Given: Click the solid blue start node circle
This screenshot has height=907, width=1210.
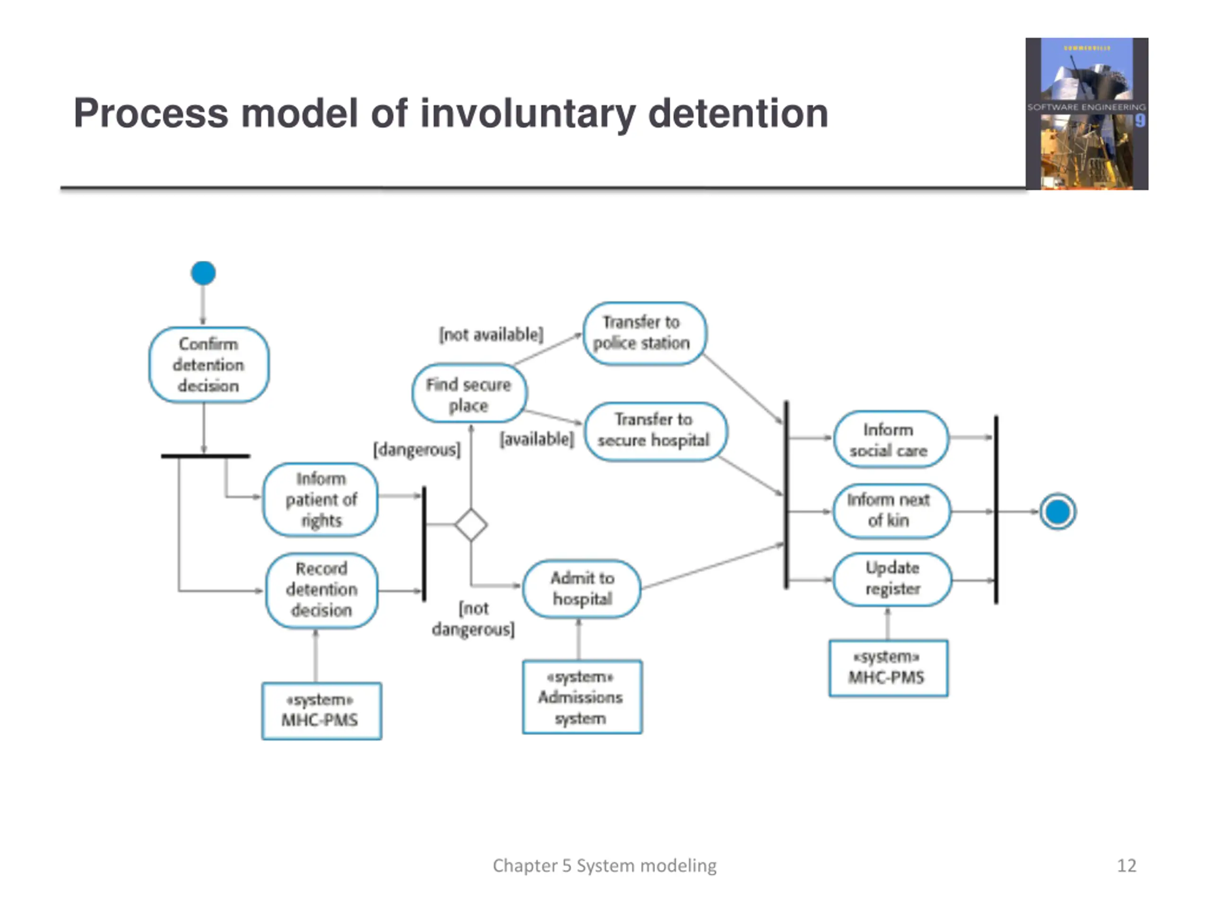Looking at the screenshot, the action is tap(203, 273).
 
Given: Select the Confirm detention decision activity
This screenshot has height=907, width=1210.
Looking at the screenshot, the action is tap(208, 365).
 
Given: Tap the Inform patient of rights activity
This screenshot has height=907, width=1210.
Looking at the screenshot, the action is tap(320, 500).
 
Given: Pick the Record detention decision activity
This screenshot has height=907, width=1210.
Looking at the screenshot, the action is tap(322, 590).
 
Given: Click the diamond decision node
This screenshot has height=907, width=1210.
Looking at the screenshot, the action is tap(471, 525).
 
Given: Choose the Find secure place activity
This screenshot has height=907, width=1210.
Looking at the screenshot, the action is tap(469, 393).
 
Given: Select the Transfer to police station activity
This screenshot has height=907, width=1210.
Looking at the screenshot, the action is tap(644, 333).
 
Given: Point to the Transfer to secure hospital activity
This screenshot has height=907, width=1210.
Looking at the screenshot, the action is tap(655, 431).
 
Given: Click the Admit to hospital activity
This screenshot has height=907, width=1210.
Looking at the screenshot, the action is tap(582, 588).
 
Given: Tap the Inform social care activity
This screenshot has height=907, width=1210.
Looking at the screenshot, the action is tap(890, 439).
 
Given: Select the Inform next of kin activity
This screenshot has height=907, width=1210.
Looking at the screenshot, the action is tap(891, 511).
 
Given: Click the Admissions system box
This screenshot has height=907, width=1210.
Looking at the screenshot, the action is tap(582, 696).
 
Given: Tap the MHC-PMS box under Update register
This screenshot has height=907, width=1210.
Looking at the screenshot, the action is tap(888, 667).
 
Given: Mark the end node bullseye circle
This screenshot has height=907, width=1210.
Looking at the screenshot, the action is tap(1057, 512).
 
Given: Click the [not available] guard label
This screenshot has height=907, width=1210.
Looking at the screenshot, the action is tap(491, 334).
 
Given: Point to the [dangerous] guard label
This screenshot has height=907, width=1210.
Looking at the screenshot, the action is tap(417, 449).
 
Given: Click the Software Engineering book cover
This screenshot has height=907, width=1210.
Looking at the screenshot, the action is tap(1086, 114).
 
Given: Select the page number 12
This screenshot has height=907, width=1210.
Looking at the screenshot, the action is tap(1126, 865).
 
